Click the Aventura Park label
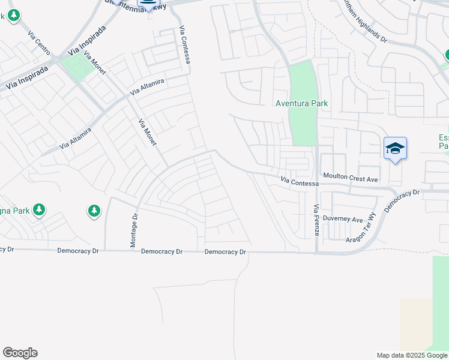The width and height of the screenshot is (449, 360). click(x=301, y=103)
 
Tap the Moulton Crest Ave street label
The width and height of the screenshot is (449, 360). click(x=351, y=179)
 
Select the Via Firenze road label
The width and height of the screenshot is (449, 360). click(x=316, y=220)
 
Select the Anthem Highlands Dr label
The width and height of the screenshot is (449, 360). click(x=364, y=20)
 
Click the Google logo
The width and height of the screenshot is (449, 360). click(x=20, y=353)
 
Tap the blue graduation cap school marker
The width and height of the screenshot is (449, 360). click(x=395, y=148)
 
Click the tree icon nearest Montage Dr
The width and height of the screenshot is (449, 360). click(x=94, y=211)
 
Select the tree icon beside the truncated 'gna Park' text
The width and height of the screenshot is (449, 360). click(x=39, y=209)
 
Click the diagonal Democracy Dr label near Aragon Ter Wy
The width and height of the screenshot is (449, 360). click(x=402, y=201)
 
